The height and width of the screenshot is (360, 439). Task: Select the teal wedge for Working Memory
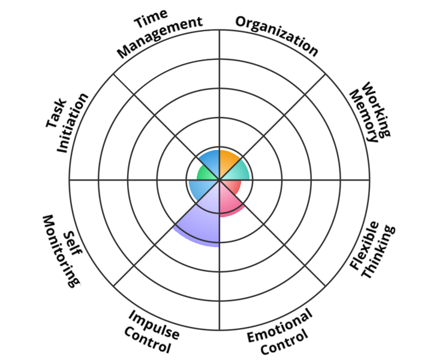click(237, 173)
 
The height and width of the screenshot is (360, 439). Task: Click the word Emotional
click(279, 325)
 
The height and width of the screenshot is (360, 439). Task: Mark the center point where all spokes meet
click(220, 179)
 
